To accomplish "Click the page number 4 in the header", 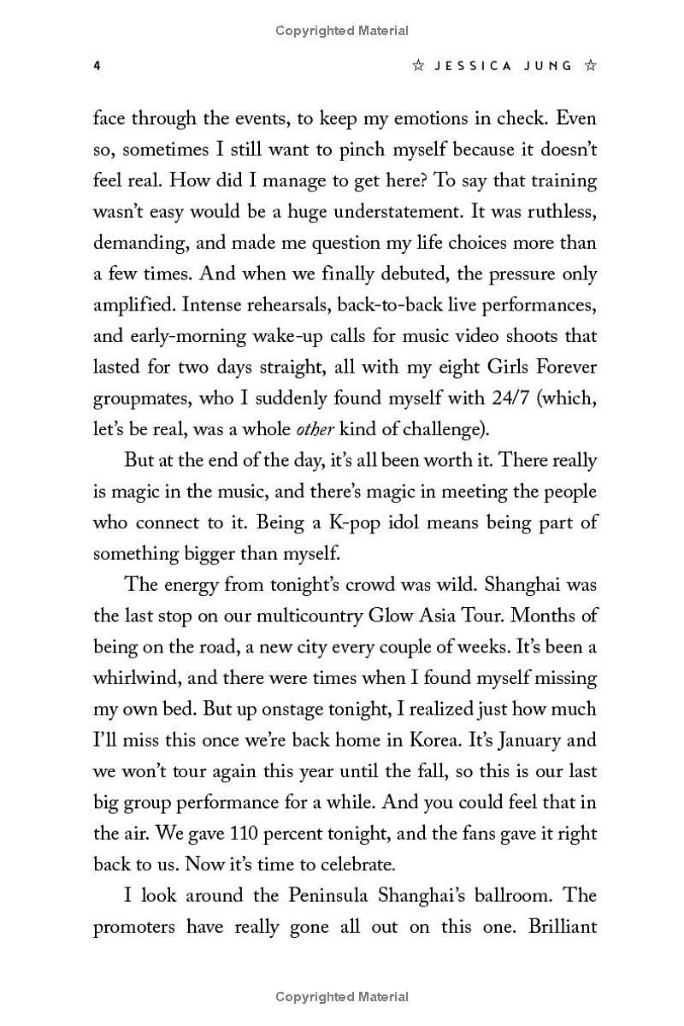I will click(97, 66).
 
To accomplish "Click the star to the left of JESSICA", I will click(419, 66).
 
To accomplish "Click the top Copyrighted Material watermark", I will click(342, 31).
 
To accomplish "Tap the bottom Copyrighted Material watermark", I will click(342, 996).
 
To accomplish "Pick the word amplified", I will click(133, 305).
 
